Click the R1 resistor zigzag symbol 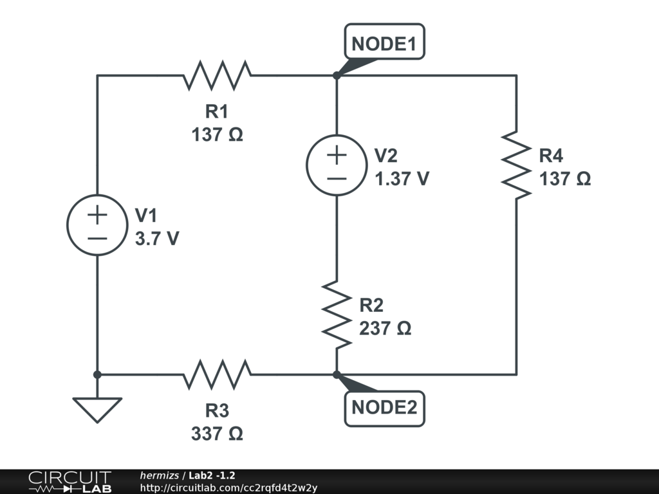click(217, 75)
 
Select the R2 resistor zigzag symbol click(337, 315)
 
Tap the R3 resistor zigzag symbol click(217, 374)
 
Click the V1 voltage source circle click(97, 224)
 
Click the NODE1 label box click(385, 43)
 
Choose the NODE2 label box click(385, 408)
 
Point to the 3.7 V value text click(157, 239)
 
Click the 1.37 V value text click(402, 179)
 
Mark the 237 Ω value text click(385, 328)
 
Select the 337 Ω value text click(217, 434)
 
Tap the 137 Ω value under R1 click(217, 135)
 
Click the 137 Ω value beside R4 click(565, 179)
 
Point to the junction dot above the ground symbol click(97, 374)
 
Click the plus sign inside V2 click(337, 154)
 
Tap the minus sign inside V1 click(97, 237)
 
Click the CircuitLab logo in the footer click(70, 482)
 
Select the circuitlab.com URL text click(228, 488)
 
